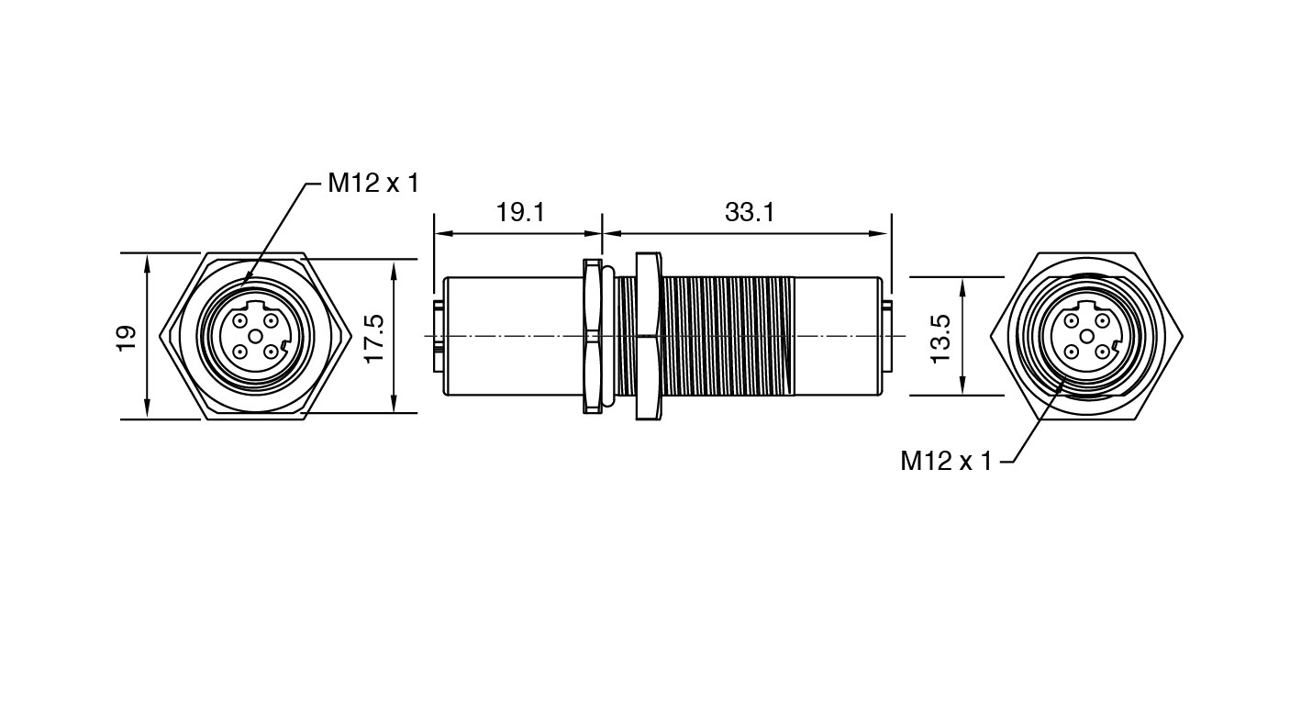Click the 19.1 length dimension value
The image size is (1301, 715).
click(x=520, y=213)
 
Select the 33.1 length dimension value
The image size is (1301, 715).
click(x=750, y=213)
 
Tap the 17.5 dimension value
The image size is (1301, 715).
click(x=374, y=339)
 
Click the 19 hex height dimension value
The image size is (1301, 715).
click(x=126, y=338)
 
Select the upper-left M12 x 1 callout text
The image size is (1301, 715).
click(x=373, y=183)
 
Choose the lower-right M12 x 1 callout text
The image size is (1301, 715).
click(x=946, y=461)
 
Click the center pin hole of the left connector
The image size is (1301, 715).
click(x=255, y=336)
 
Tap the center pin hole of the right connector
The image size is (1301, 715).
click(x=1086, y=336)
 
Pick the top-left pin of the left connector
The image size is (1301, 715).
click(x=239, y=320)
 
